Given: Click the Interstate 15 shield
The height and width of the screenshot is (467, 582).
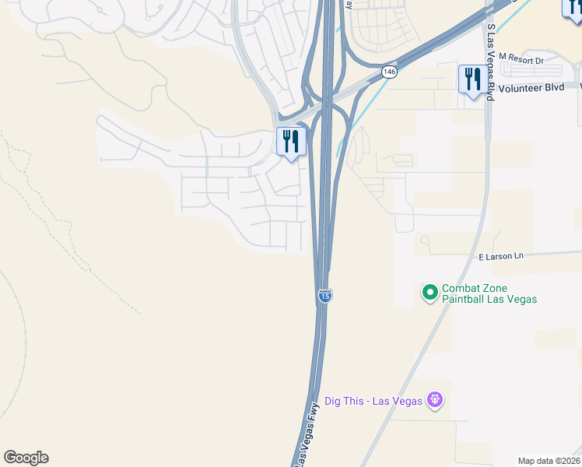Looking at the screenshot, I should point(325,296).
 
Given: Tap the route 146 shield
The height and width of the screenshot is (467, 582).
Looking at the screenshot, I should point(390,72).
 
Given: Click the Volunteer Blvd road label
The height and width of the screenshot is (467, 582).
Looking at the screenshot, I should point(531,88).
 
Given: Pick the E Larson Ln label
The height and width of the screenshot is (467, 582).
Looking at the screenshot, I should point(501,256).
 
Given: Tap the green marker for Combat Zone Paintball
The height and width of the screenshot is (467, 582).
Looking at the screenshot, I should point(429,293).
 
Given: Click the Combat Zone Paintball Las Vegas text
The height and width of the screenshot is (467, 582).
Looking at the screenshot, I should point(489,293).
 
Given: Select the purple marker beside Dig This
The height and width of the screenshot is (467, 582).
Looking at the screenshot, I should point(435,401).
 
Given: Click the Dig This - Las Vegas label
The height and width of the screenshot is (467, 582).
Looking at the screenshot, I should point(373,401).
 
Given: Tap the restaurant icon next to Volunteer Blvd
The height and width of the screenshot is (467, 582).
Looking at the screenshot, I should point(472,79).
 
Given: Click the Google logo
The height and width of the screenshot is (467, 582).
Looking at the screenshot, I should point(26,458).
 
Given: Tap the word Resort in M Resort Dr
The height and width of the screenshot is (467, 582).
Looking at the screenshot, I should point(525,58).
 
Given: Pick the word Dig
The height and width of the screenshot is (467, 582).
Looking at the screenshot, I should point(335,401).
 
